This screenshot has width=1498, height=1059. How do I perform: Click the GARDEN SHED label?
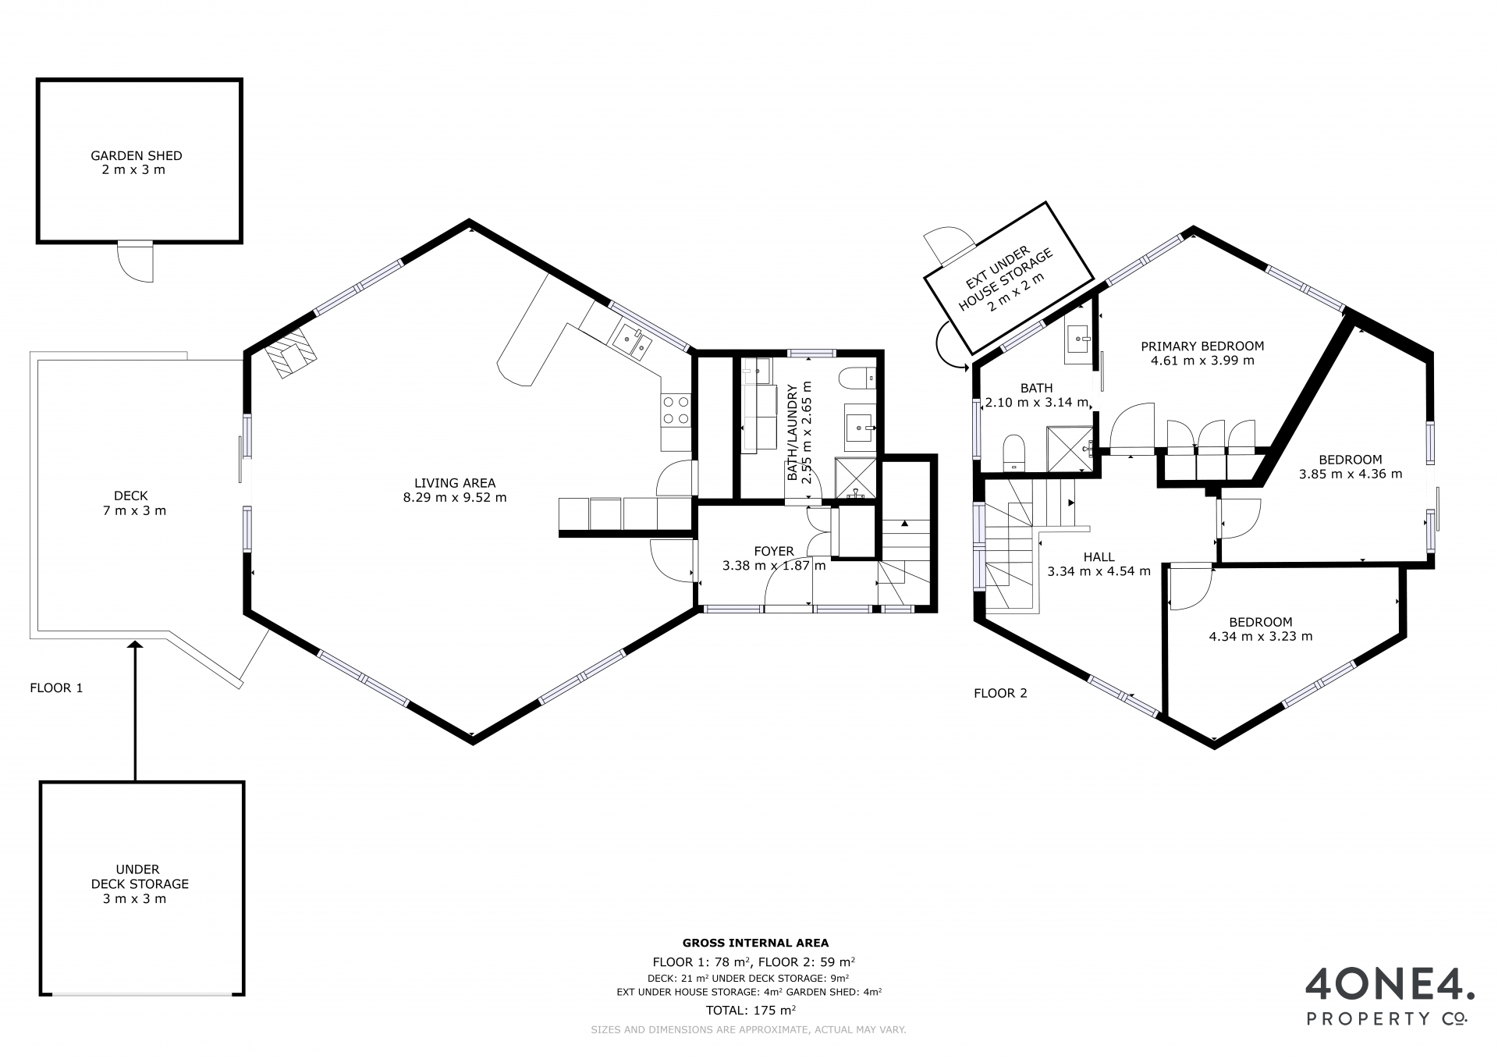point(137,156)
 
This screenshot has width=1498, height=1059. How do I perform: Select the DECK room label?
point(131,496)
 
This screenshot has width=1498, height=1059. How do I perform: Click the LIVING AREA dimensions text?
point(455,497)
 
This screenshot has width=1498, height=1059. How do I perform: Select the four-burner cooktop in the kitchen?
point(676,410)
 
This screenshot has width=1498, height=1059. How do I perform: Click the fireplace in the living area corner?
point(291,353)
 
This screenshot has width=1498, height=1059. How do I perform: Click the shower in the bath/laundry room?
point(856,478)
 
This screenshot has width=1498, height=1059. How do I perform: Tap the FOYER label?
point(774,551)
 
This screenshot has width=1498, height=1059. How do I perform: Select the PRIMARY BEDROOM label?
point(1202,346)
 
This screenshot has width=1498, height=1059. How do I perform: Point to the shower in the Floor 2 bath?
point(1070,449)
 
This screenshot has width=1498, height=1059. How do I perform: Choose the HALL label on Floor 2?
point(1099,557)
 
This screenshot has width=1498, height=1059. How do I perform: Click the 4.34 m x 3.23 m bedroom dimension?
point(1261,636)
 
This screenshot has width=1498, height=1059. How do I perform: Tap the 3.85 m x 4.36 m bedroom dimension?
point(1351,474)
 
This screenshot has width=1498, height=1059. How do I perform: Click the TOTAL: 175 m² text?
point(751,1010)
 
